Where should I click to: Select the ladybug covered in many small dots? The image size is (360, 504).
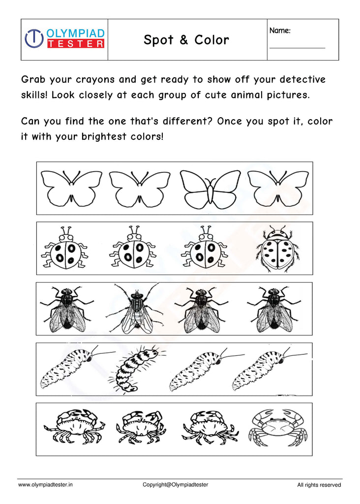[x=277, y=249]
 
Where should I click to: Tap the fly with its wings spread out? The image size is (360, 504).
[x=135, y=308]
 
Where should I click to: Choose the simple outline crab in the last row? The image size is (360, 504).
[x=276, y=427]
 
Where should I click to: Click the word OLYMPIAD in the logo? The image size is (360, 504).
[x=75, y=33]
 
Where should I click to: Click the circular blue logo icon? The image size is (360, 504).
[x=34, y=38]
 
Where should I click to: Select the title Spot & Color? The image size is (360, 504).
[x=186, y=40]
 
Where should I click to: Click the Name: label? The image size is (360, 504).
[x=280, y=31]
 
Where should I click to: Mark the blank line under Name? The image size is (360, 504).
[x=297, y=48]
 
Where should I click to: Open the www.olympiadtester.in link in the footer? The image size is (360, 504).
[x=45, y=485]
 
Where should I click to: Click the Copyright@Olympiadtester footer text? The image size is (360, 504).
[x=175, y=485]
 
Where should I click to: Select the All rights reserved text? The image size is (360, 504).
[x=319, y=485]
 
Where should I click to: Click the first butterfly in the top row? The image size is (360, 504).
[x=71, y=188]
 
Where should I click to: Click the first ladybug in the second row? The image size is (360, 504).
[x=65, y=249]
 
